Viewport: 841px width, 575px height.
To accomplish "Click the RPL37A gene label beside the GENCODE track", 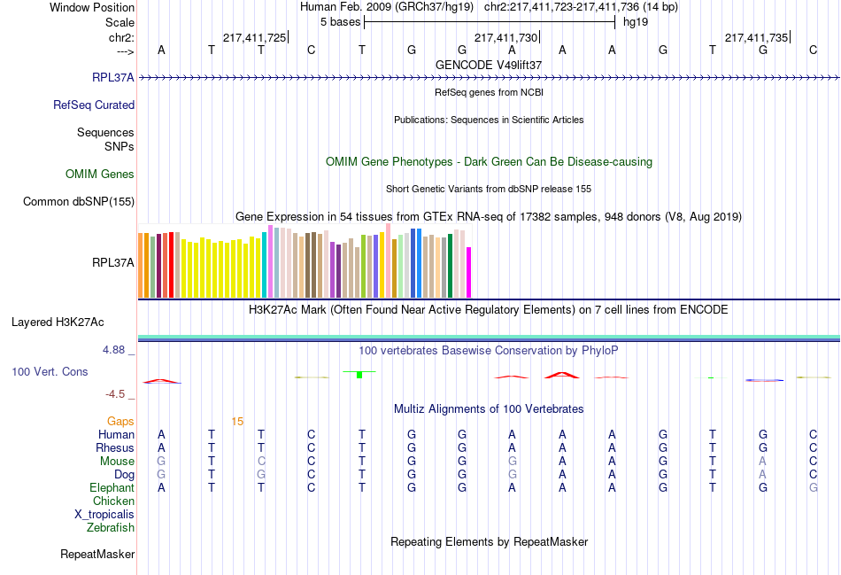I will [112, 77].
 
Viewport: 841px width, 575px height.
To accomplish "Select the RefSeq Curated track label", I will [94, 105].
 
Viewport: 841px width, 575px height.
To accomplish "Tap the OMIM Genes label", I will [100, 175].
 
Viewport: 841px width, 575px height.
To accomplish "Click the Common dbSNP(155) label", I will [79, 202].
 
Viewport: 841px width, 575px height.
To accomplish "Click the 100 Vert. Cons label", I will [50, 372].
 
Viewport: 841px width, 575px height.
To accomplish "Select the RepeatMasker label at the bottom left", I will [97, 555].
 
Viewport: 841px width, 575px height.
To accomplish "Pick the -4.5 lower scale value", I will [115, 394].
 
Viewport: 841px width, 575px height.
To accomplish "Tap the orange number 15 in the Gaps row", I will [237, 421].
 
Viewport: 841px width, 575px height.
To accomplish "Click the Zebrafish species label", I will [111, 528].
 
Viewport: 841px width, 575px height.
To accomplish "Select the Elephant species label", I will [112, 488].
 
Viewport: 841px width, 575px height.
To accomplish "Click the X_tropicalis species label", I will [104, 515].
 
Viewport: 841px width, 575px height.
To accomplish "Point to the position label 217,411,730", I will [505, 37].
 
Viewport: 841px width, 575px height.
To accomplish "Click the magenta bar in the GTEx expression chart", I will [469, 272].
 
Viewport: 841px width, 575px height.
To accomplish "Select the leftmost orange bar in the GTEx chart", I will [141, 264].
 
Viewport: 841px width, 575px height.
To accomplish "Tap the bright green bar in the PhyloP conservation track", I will [359, 375].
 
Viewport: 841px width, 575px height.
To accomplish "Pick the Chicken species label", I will [113, 501].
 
